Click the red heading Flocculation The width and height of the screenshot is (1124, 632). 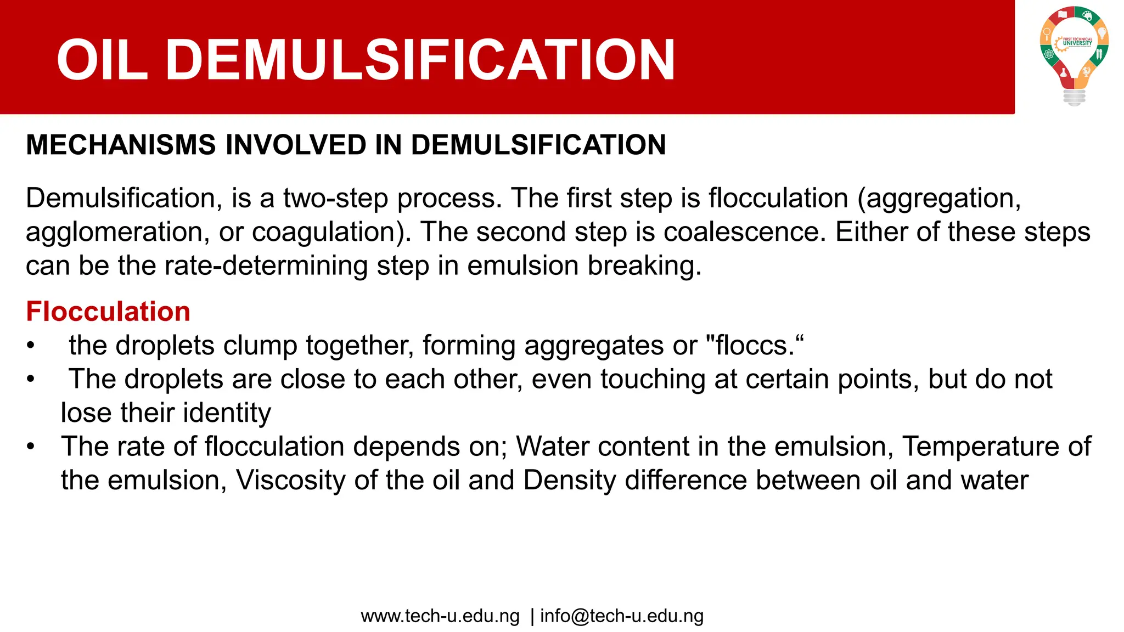[108, 312]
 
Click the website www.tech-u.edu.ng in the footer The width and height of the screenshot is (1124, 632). [440, 616]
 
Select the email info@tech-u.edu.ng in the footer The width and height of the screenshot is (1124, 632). [622, 616]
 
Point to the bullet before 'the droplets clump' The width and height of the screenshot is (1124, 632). [31, 346]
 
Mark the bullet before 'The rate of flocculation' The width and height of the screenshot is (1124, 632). [31, 447]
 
